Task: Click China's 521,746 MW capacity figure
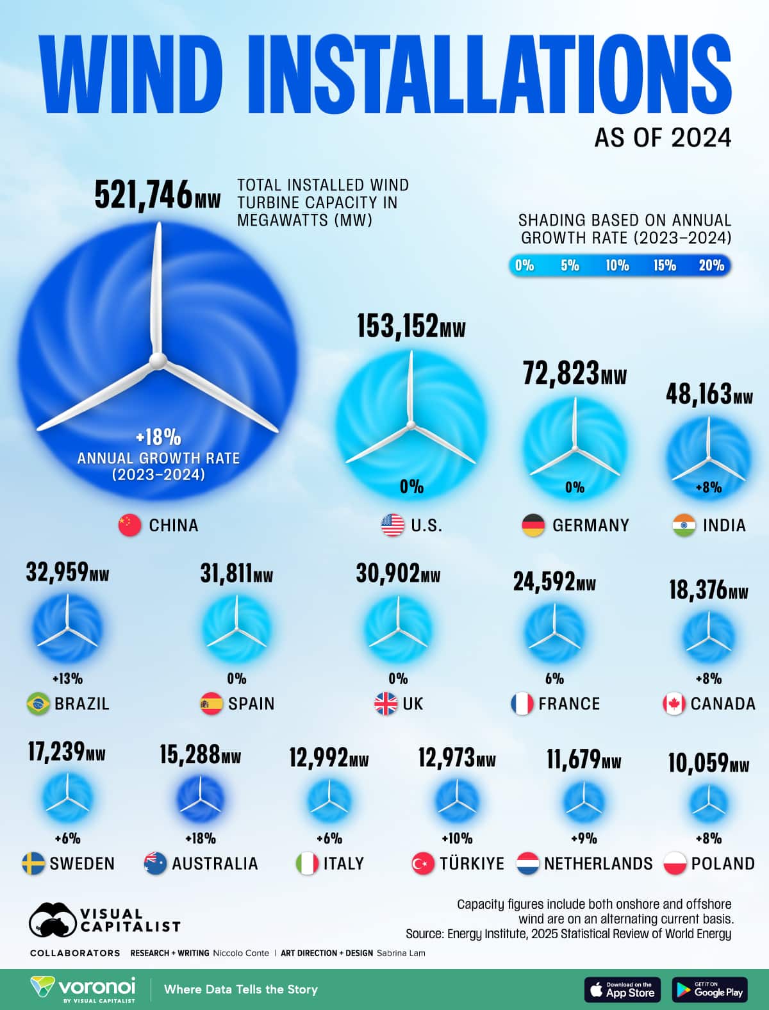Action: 157,195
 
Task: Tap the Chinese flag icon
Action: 130,526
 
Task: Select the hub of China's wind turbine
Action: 157,361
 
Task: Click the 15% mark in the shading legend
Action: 665,265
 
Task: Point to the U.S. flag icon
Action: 392,526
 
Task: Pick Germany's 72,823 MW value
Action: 574,374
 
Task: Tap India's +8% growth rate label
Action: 709,488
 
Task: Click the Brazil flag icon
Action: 38,704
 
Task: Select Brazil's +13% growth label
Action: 67,679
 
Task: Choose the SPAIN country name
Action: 251,704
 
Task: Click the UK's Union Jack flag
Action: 386,704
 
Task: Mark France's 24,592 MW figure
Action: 554,582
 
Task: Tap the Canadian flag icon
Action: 674,704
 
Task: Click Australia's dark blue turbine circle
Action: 201,799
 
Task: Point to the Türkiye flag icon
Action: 423,864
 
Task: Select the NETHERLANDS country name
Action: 598,864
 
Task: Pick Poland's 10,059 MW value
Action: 708,763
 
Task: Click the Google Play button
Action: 709,990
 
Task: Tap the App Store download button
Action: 622,990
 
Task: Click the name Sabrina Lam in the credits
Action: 401,953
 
